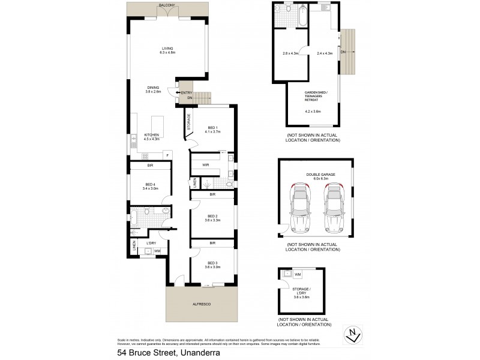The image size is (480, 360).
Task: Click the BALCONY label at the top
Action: click(167, 5)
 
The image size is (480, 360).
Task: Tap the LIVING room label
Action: click(167, 50)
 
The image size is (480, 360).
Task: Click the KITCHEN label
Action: click(151, 136)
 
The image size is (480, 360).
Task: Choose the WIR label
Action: click(206, 164)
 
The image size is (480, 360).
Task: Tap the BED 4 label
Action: click(151, 186)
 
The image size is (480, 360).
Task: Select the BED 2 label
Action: click(212, 218)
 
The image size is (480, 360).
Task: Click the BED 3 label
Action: click(212, 265)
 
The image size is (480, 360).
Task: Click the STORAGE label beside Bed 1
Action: click(189, 122)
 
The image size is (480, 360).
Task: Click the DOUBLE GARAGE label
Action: click(320, 176)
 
